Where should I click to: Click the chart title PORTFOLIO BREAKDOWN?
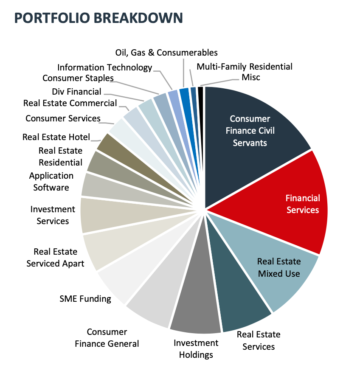coord(98,17)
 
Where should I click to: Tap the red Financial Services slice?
coord(293,204)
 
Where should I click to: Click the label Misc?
coord(250,77)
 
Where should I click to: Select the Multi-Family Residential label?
coord(245,67)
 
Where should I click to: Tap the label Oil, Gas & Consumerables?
coord(166,53)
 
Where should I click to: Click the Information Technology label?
coord(104,67)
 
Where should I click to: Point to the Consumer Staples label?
coord(78,78)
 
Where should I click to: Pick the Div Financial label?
coord(76,92)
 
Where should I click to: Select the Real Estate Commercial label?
coord(70,103)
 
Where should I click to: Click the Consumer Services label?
coord(63,118)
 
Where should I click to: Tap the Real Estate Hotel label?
coord(56,137)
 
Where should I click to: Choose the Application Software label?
coord(51,181)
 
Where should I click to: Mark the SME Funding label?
coord(85,299)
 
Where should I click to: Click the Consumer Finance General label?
coord(107,338)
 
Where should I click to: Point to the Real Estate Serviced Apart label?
coord(55,258)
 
